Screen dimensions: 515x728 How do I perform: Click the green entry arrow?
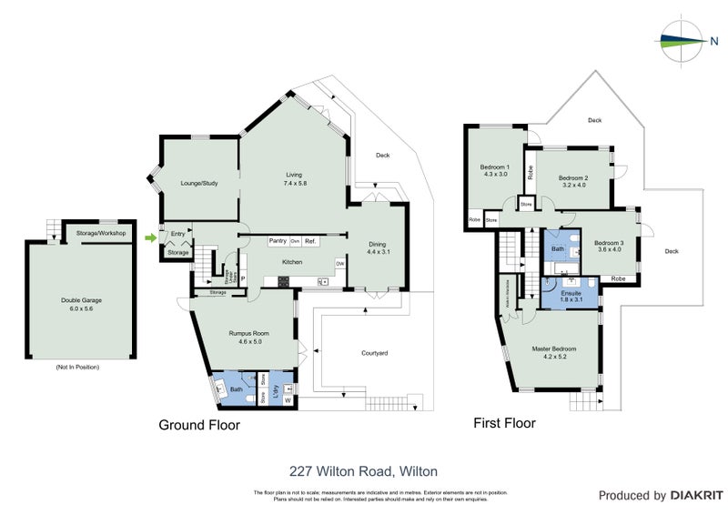pos(150,237)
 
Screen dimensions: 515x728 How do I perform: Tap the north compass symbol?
pos(682,40)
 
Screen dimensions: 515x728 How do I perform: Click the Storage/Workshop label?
pos(101,234)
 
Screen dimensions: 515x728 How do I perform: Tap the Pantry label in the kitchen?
pos(277,241)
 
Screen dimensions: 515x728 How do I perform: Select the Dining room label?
pos(377,243)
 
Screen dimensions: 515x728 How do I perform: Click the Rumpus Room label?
pos(243,333)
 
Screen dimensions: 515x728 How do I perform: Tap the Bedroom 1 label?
pos(494,167)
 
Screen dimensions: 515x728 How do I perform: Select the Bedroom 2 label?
pos(573,177)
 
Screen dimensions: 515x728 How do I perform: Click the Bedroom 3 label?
pos(609,243)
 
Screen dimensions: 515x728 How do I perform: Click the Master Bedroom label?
pos(554,349)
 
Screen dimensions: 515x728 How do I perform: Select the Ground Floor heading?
pos(199,425)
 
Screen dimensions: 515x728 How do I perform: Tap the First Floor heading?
pos(504,423)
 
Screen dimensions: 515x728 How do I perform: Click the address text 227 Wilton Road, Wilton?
pos(363,471)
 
